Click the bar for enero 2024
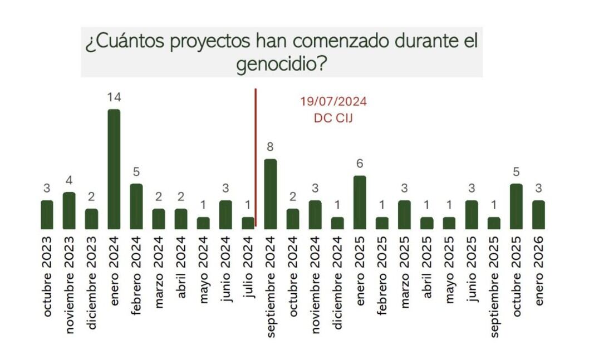(114, 169)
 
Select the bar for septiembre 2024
(270, 194)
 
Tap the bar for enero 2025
(360, 203)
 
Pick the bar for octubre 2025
(516, 206)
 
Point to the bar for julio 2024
(248, 223)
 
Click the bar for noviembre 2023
(69, 210)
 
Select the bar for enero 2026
(538, 215)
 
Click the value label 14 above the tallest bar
(114, 98)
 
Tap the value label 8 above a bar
(270, 147)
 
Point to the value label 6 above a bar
(360, 164)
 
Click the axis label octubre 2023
(47, 277)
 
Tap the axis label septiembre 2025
(494, 286)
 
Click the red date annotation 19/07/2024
(333, 102)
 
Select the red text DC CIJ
(333, 118)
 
